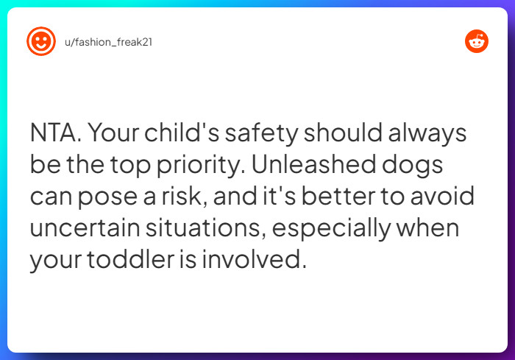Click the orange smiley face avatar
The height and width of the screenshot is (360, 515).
(40, 42)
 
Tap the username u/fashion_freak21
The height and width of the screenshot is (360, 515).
(109, 42)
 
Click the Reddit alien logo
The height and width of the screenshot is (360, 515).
(477, 42)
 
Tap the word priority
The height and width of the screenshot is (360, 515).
(199, 166)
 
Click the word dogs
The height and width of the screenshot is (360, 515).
(416, 166)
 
